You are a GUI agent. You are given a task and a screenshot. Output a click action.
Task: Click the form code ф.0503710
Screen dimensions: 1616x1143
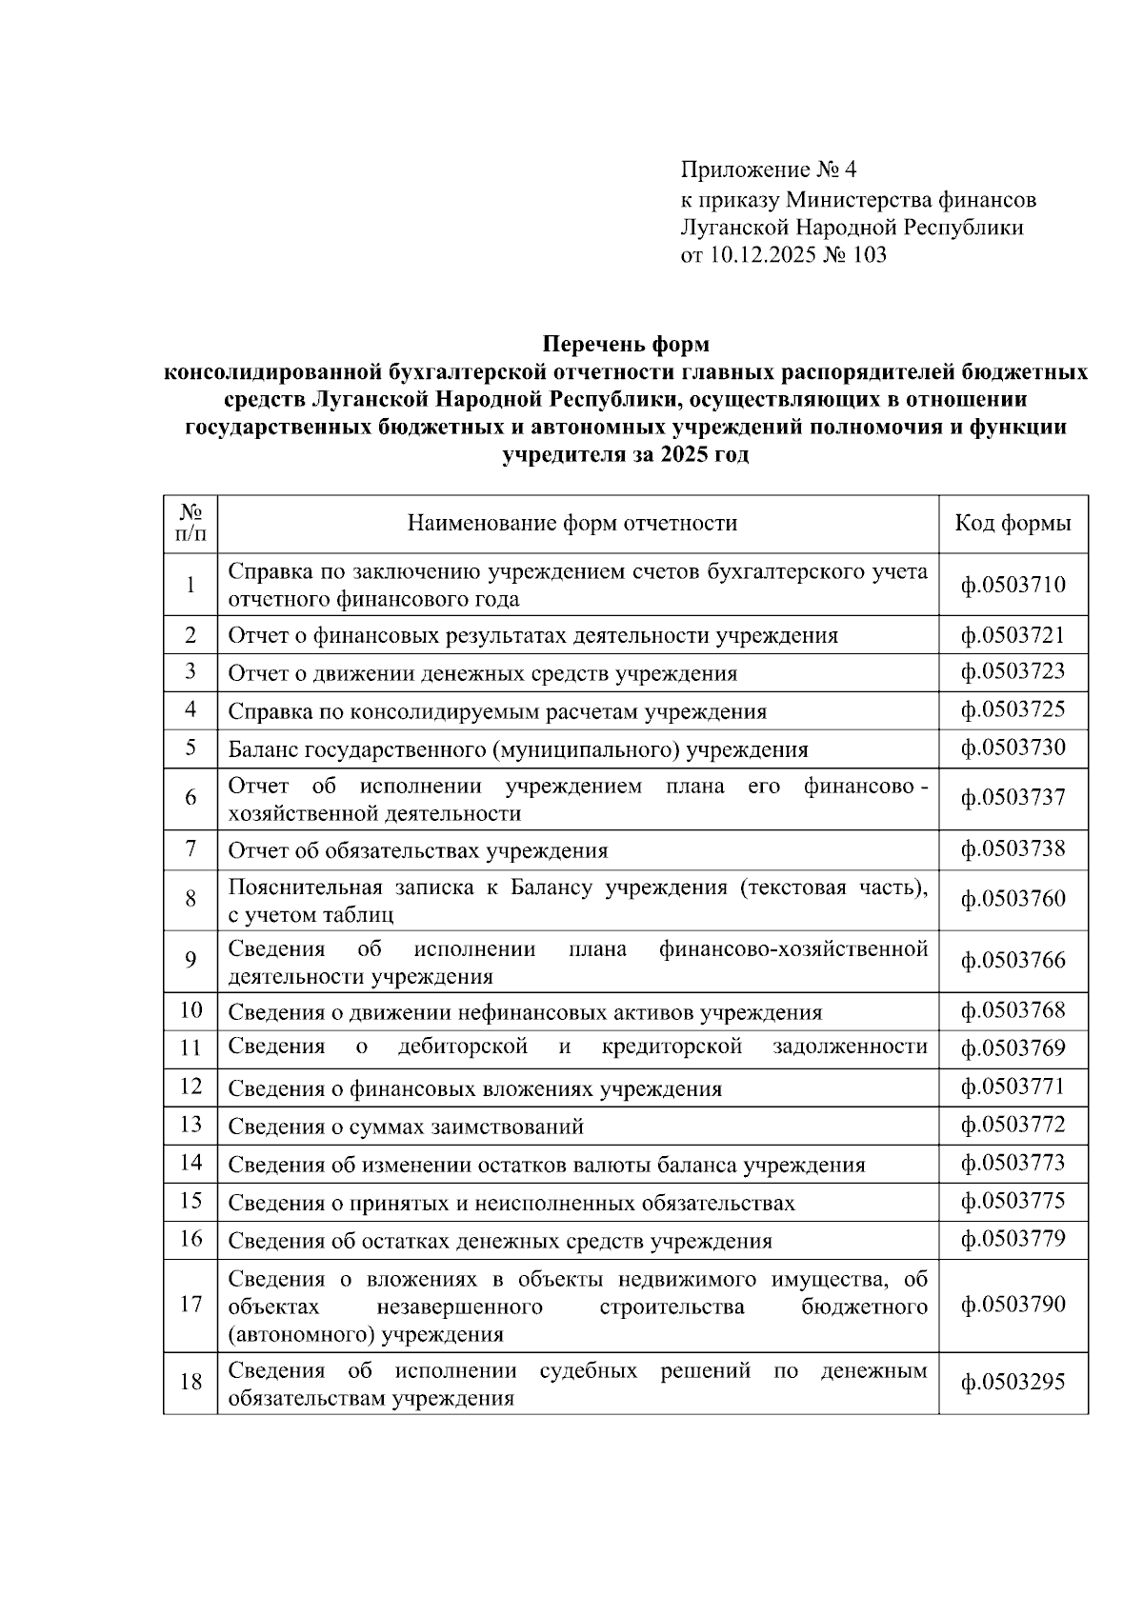[1013, 585]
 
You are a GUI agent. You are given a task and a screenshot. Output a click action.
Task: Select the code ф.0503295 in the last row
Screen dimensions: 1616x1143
[1013, 1383]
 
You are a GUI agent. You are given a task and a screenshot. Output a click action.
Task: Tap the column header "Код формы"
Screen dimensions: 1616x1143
[1013, 523]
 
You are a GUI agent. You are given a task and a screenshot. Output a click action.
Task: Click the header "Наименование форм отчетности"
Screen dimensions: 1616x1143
[572, 523]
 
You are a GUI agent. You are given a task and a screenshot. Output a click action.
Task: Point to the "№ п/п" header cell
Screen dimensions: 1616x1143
[190, 523]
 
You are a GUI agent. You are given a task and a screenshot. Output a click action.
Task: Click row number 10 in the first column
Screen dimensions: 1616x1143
[190, 1010]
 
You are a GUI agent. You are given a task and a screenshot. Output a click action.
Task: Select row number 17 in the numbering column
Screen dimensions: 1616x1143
[190, 1305]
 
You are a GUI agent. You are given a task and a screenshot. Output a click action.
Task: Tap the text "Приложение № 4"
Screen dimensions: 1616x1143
[769, 170]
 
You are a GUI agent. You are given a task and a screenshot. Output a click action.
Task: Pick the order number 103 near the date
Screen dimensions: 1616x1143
[869, 254]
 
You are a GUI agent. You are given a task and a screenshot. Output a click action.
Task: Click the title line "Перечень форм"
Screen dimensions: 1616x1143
[626, 343]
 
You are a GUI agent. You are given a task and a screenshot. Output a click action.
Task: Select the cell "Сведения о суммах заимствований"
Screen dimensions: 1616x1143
[406, 1127]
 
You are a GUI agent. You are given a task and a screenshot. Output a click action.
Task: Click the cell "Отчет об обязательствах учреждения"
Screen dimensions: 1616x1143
[417, 850]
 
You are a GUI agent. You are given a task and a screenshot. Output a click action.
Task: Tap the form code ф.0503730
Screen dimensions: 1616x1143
[1013, 748]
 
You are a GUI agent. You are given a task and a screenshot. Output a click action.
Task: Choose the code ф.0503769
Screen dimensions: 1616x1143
[1013, 1048]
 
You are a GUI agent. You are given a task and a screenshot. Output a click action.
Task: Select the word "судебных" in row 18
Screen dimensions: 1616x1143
[588, 1371]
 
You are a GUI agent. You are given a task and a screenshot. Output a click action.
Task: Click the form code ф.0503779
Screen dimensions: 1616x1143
[1013, 1239]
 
